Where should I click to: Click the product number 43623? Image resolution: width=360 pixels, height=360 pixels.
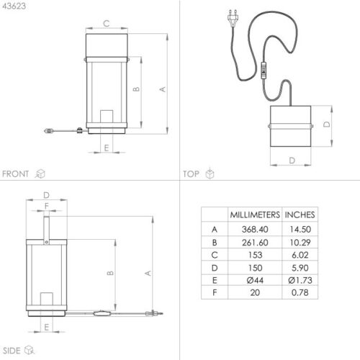coord(14,6)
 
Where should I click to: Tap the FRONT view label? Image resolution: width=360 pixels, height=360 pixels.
coord(15,174)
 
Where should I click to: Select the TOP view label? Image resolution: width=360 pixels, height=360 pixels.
coord(191,174)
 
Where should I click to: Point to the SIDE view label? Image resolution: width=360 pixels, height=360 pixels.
coord(12,351)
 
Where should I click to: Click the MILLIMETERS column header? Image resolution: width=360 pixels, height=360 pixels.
coord(255,215)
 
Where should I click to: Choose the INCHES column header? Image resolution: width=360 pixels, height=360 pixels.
coord(300,215)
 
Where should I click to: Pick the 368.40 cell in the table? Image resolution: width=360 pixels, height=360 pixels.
coord(255,229)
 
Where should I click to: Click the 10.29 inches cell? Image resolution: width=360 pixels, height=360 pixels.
coord(300,243)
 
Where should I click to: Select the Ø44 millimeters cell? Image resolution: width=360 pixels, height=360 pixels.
coord(255,280)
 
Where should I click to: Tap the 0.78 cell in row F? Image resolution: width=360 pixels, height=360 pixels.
coord(300,292)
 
